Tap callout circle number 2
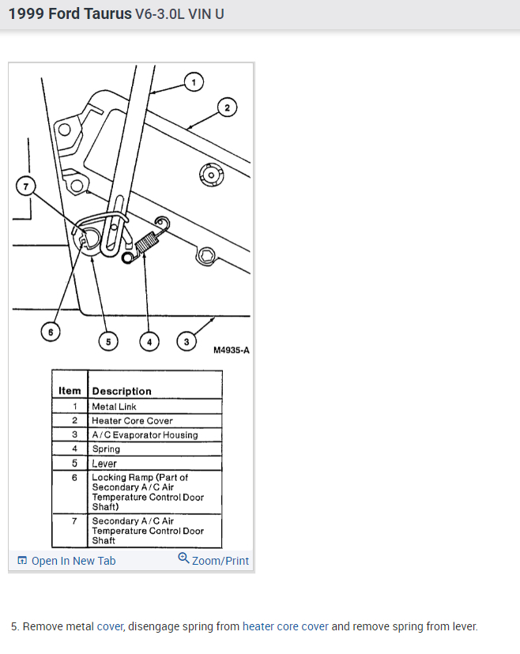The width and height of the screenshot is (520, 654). (x=227, y=108)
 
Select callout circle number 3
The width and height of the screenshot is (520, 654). (x=187, y=341)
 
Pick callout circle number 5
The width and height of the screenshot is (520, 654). (x=108, y=341)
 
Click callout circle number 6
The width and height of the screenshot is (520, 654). (x=51, y=333)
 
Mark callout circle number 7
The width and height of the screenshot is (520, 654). (x=26, y=186)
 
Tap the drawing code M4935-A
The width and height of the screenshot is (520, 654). (x=231, y=350)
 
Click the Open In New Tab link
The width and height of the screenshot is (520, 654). (x=73, y=561)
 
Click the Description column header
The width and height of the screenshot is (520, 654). (x=122, y=391)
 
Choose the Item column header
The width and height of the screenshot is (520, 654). (x=70, y=391)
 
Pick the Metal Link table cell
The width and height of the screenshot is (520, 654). (x=115, y=407)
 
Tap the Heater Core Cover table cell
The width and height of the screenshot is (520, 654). (x=132, y=421)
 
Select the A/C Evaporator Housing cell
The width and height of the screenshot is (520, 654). (x=145, y=435)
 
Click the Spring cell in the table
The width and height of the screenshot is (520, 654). (x=106, y=449)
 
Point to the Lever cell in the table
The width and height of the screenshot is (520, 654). (x=104, y=464)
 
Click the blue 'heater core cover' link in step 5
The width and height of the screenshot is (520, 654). (x=285, y=626)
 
